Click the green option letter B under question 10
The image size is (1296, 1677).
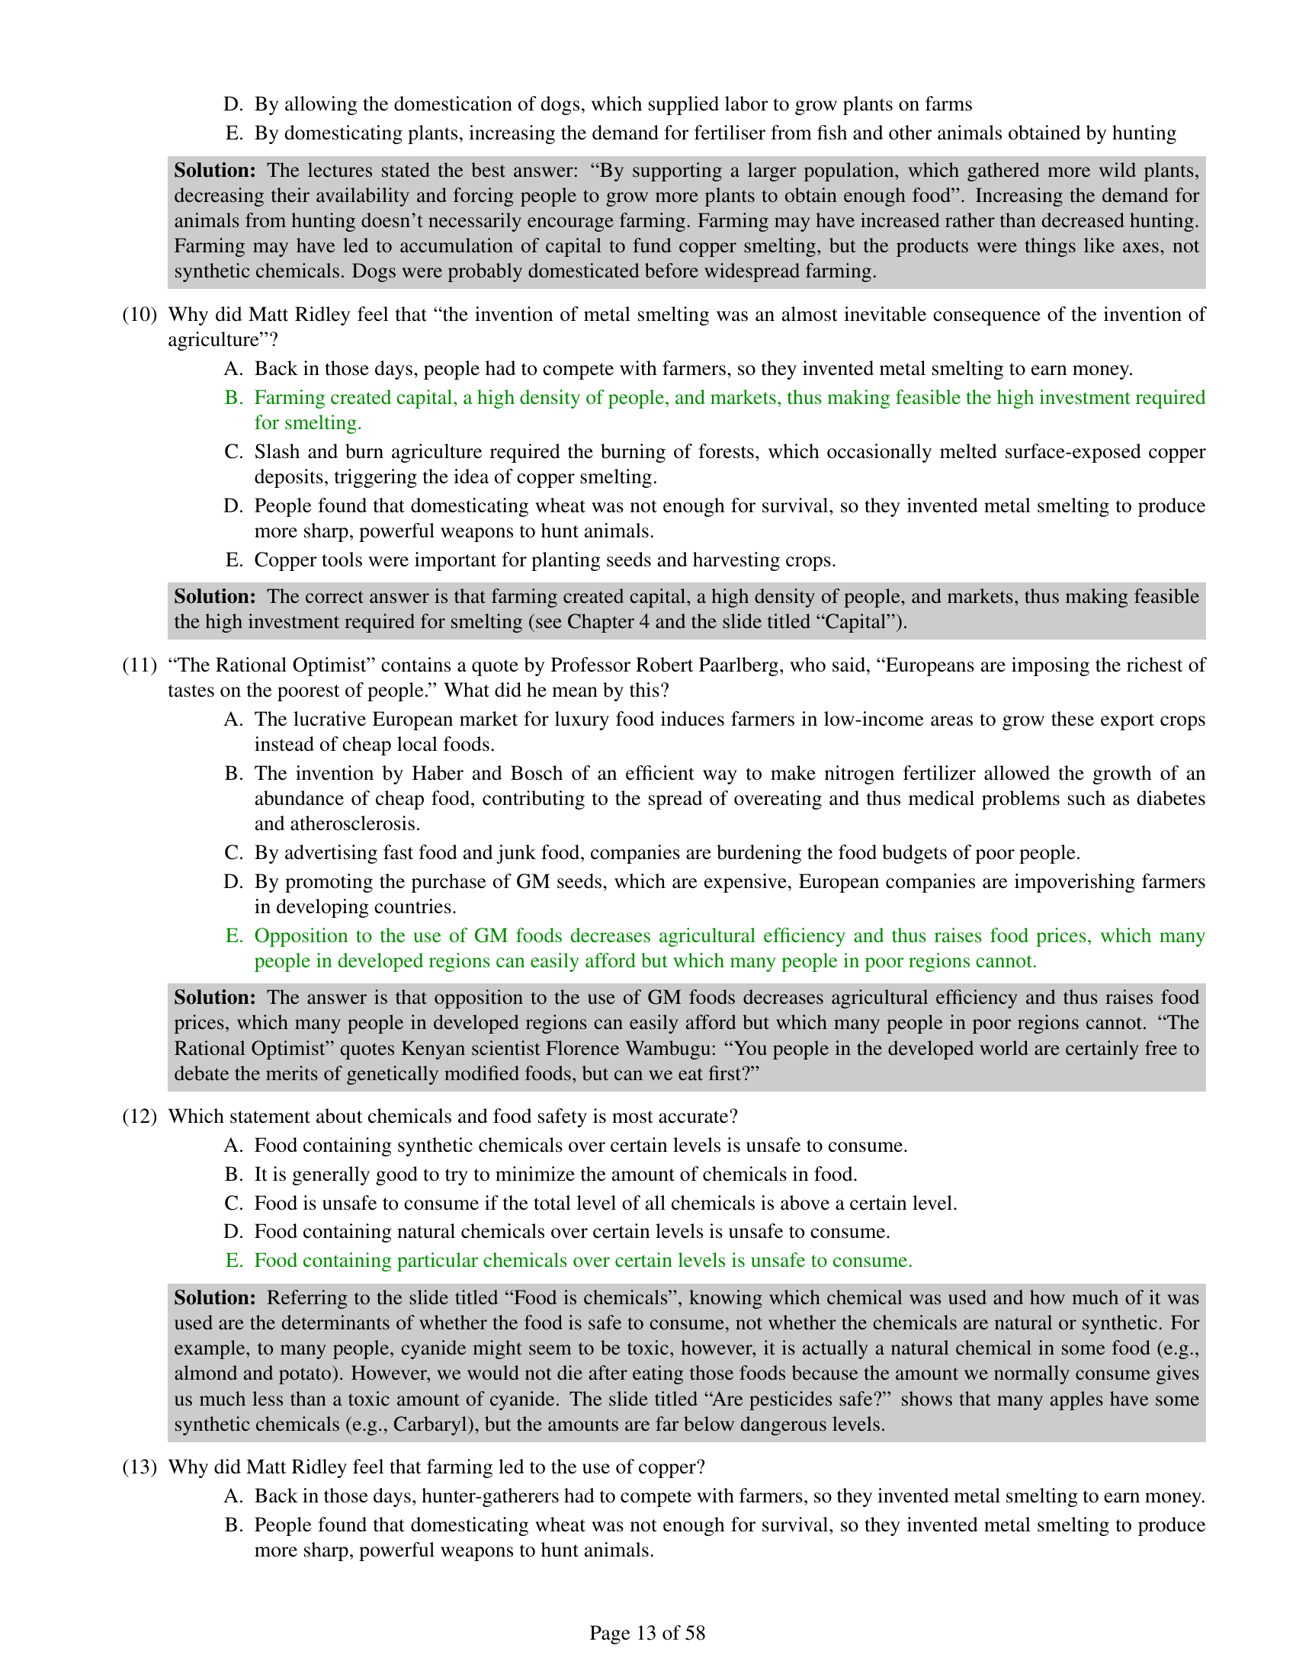pyautogui.click(x=233, y=398)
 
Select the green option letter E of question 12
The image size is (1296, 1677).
pyautogui.click(x=233, y=1260)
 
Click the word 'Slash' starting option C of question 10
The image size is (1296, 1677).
pyautogui.click(x=278, y=451)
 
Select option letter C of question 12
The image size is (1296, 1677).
pyautogui.click(x=233, y=1202)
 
